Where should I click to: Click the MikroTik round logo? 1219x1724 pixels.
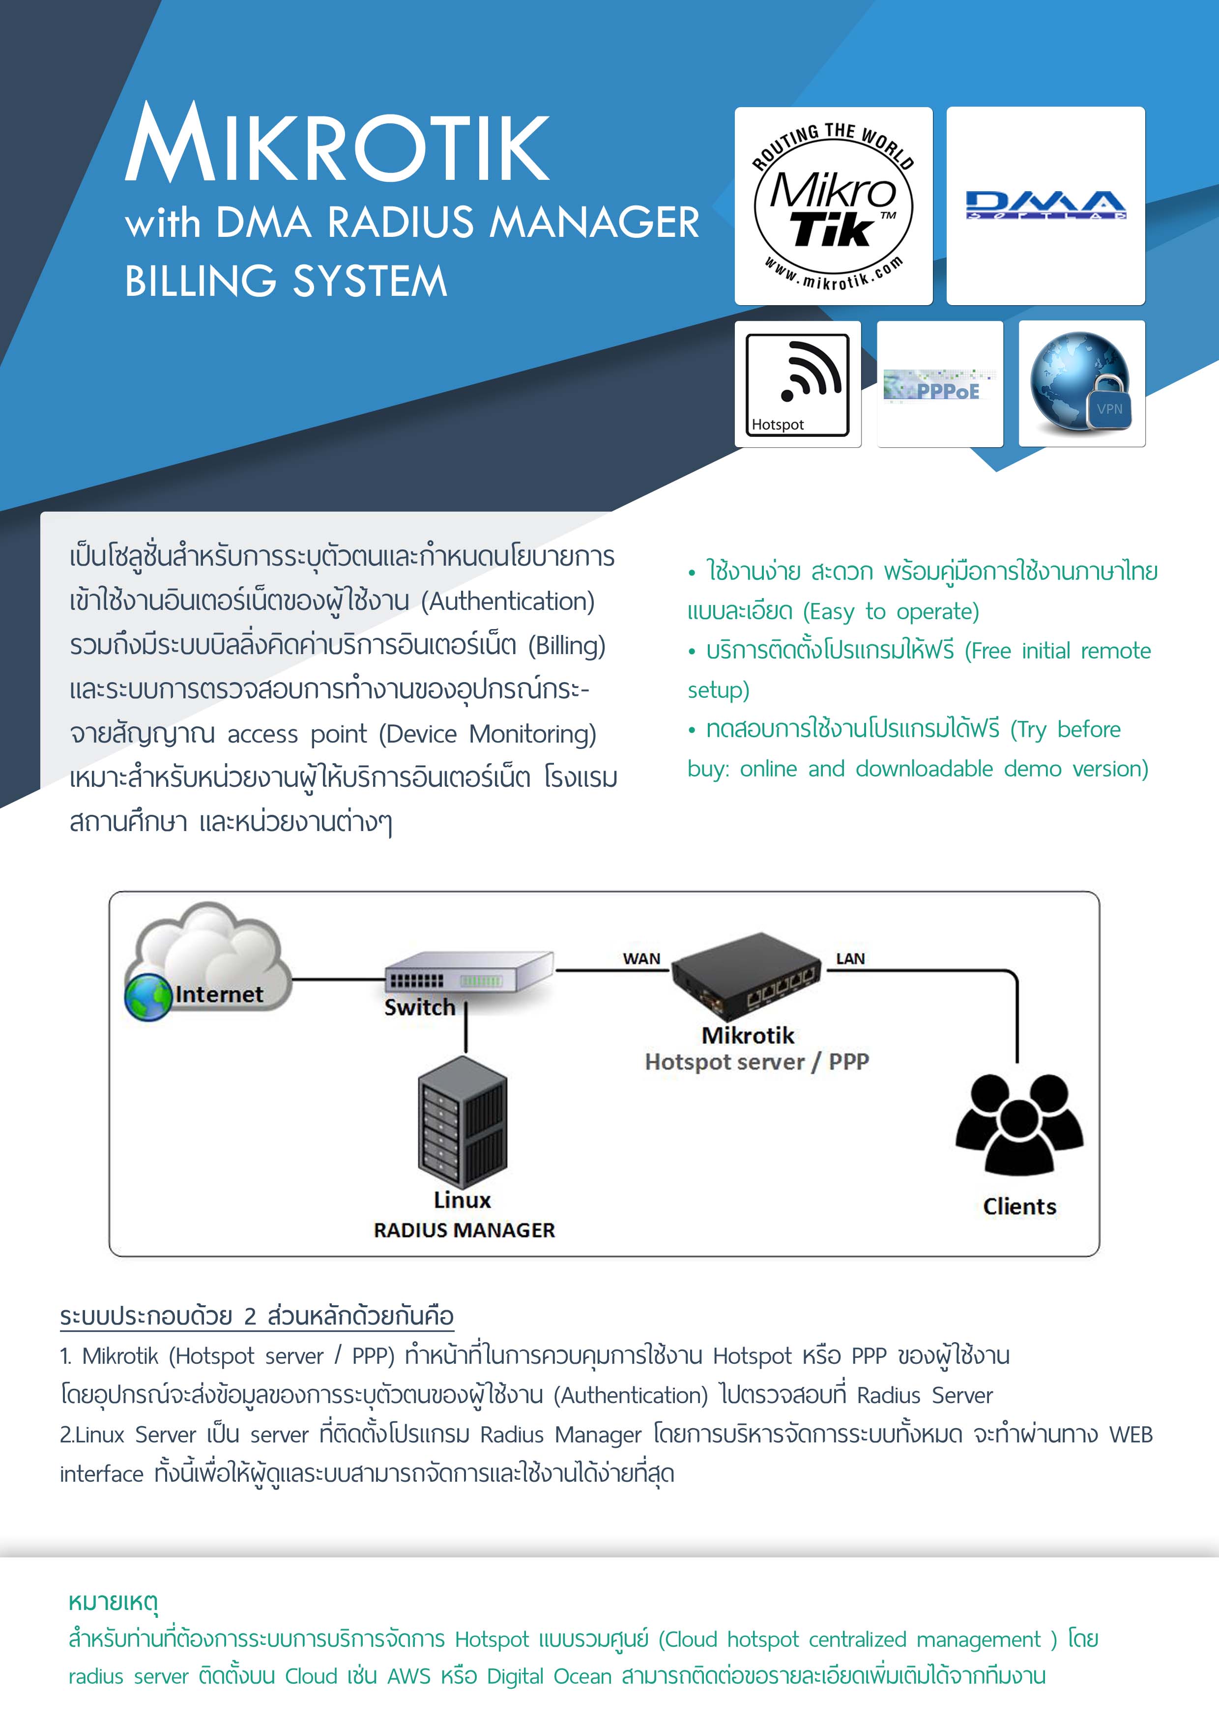pyautogui.click(x=833, y=206)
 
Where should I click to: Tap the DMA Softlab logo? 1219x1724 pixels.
pyautogui.click(x=1045, y=205)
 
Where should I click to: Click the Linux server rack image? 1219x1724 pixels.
pyautogui.click(x=463, y=1123)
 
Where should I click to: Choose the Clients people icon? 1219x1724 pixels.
pyautogui.click(x=1019, y=1124)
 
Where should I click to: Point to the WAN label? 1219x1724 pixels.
pyautogui.click(x=641, y=959)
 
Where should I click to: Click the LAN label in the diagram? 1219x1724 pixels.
pyautogui.click(x=850, y=959)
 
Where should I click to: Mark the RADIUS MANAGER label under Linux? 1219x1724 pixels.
pyautogui.click(x=464, y=1230)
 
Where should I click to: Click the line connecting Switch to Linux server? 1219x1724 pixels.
pyautogui.click(x=465, y=1033)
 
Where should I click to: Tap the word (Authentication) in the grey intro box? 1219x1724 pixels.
pyautogui.click(x=508, y=602)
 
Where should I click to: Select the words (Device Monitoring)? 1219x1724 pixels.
pyautogui.click(x=488, y=734)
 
